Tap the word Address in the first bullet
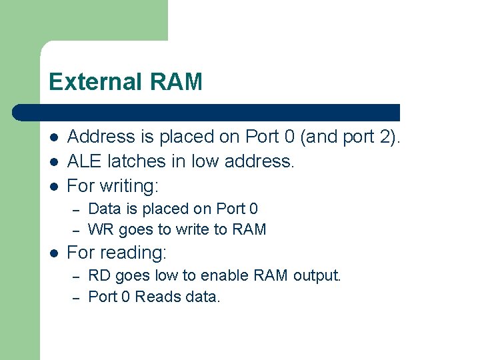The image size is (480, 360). pos(101,137)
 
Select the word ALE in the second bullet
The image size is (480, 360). pos(83,161)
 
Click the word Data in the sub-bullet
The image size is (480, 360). pos(103,209)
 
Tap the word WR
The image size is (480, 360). pos(101,230)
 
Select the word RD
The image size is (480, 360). pos(99,275)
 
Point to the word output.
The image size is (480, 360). pos(317,275)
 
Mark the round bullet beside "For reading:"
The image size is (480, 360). pos(54,253)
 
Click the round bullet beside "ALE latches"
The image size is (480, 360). pos(54,162)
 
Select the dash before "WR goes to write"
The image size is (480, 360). pos(77,231)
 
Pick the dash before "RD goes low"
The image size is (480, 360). pos(77,276)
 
